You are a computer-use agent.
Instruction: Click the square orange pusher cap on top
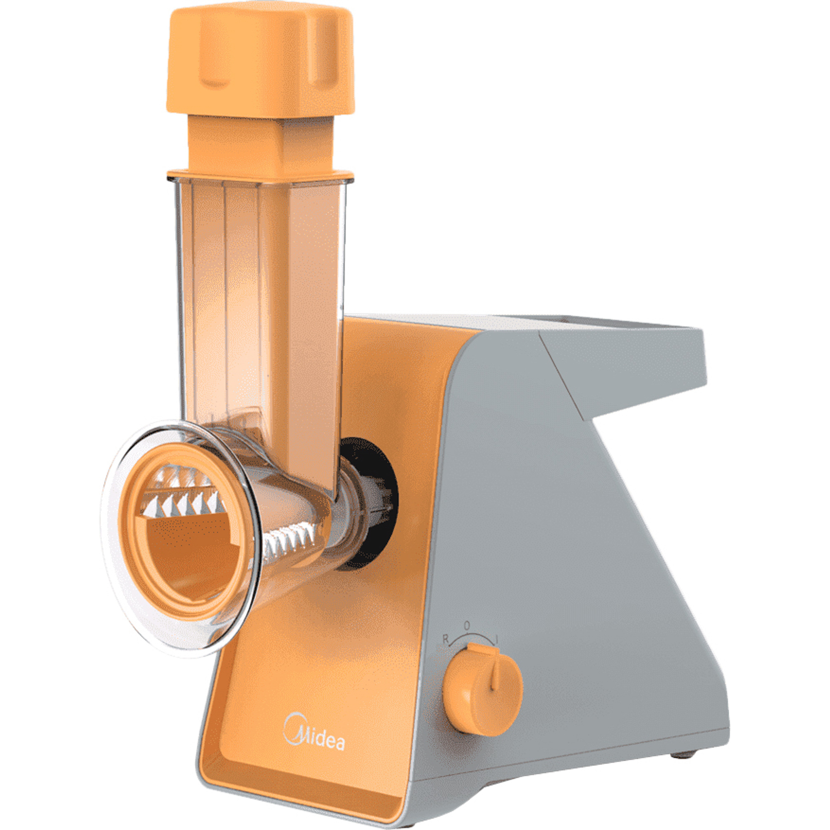261,62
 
